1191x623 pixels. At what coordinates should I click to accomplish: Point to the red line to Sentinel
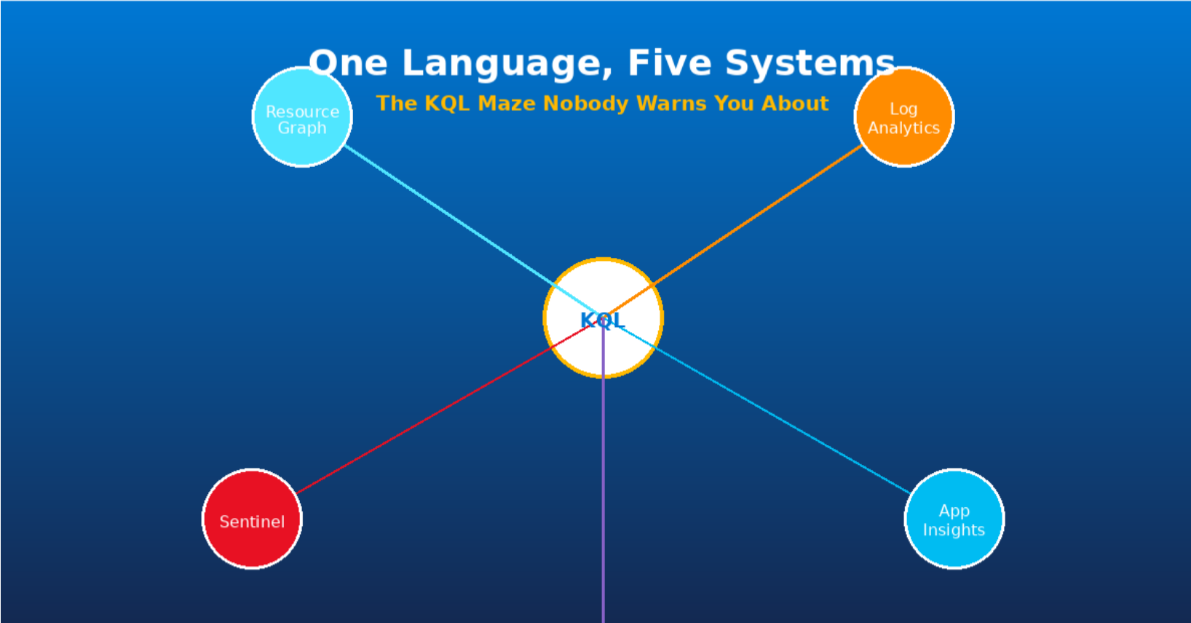click(x=430, y=416)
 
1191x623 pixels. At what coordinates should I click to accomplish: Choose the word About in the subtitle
click(x=795, y=103)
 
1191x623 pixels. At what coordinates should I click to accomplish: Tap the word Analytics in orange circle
click(x=903, y=128)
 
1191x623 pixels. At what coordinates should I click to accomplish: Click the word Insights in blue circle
click(x=954, y=530)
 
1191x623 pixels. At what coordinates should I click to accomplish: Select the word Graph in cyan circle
click(x=301, y=128)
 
